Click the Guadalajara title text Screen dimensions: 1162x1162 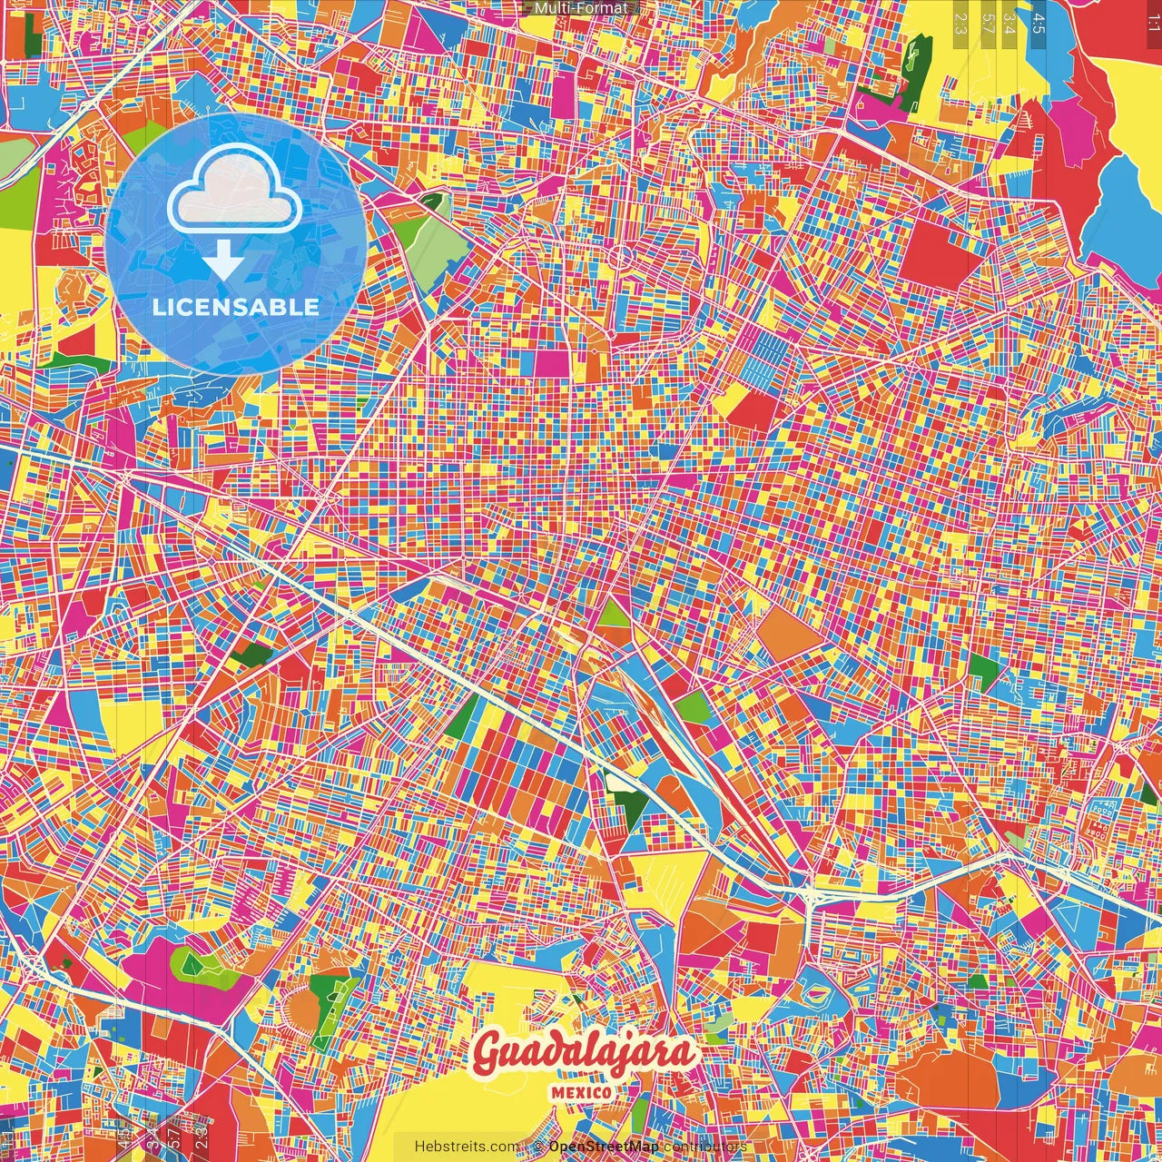(584, 1053)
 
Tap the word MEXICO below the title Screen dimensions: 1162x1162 (582, 1092)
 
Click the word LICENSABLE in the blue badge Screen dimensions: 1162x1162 (236, 307)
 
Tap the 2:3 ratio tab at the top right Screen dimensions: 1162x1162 (960, 22)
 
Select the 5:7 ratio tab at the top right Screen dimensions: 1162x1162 (987, 22)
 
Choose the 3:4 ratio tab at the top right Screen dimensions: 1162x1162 (1009, 22)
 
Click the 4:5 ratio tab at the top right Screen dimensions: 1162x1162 (1038, 22)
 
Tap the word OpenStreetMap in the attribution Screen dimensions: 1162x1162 (604, 1147)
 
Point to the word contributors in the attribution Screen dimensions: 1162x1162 (705, 1147)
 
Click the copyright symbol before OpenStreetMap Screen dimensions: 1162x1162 (538, 1147)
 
